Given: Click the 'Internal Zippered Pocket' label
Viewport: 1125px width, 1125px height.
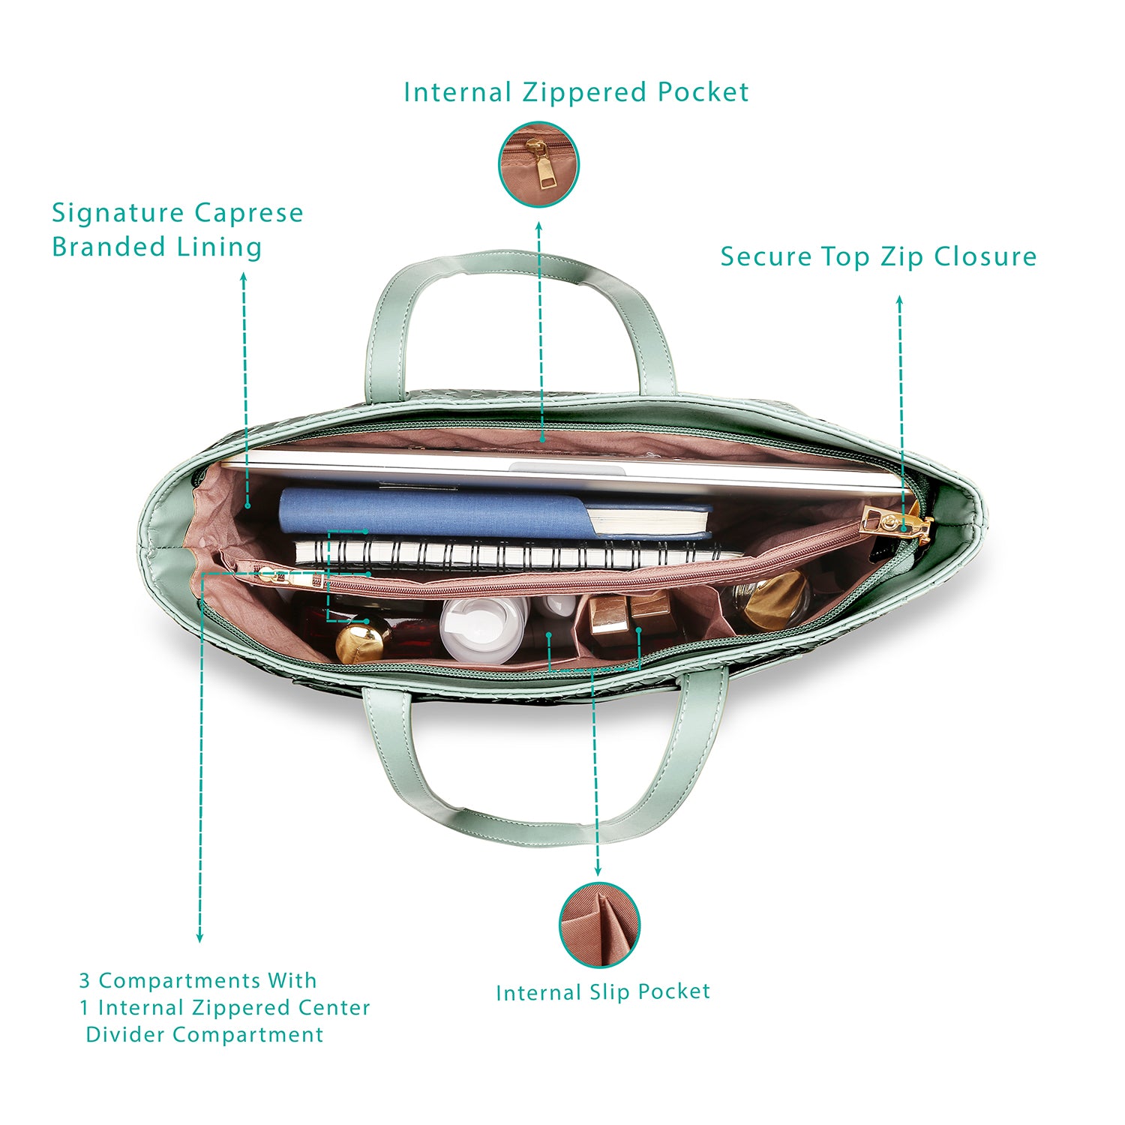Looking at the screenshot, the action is coord(576,92).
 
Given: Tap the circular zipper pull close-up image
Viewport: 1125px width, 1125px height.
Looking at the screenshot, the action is coord(539,164).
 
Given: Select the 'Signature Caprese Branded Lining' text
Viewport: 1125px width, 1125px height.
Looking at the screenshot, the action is coord(178,229).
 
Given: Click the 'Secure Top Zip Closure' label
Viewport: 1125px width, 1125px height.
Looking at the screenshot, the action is coord(878,256).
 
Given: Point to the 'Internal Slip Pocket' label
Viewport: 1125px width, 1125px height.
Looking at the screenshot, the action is coord(603,992).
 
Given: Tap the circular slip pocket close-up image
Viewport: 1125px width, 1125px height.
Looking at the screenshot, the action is coord(600,925).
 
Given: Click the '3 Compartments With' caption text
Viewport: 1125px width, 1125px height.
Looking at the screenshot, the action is coord(198,980).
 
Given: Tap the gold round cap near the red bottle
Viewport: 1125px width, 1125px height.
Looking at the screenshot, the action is coord(362,641).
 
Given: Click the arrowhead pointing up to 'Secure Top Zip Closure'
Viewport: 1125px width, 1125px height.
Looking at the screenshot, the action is coord(899,300).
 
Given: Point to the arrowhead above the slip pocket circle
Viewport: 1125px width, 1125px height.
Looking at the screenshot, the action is coord(598,871).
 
